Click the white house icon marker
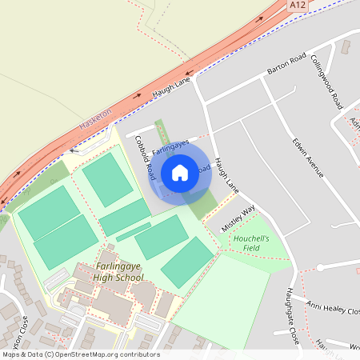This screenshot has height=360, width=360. click(180, 172)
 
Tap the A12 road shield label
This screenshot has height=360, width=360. click(298, 6)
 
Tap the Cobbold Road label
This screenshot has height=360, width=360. click(144, 158)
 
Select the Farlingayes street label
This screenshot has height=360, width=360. click(170, 146)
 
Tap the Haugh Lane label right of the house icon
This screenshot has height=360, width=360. click(226, 177)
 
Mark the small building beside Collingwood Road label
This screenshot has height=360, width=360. click(345, 46)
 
